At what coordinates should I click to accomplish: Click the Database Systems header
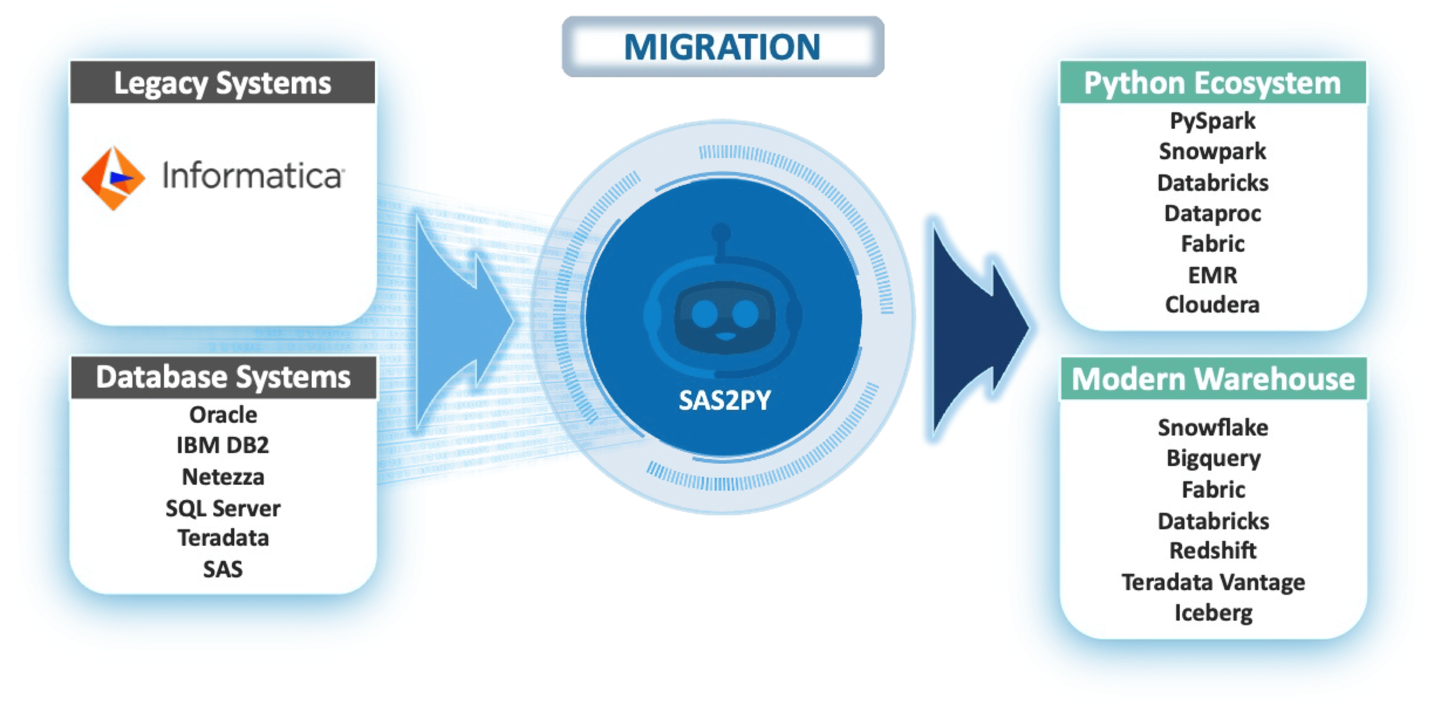(x=223, y=378)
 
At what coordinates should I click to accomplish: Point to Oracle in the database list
(x=223, y=415)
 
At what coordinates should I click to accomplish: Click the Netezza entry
(x=223, y=477)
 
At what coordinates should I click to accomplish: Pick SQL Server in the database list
(x=223, y=508)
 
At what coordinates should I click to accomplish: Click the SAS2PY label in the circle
(x=725, y=400)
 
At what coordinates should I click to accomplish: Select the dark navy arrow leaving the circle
(x=981, y=328)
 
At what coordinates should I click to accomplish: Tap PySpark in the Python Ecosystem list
(x=1212, y=121)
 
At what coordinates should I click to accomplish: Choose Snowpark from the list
(x=1212, y=152)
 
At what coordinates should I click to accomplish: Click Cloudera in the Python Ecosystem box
(x=1212, y=305)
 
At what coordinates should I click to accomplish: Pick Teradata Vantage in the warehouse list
(x=1214, y=582)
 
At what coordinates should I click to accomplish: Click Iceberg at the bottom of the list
(x=1214, y=613)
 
